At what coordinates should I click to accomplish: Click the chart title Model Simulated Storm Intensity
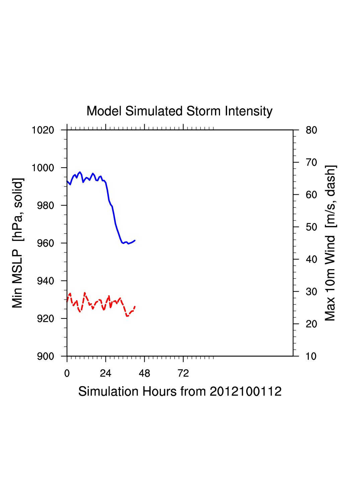(x=179, y=111)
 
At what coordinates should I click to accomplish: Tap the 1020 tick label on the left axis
(x=43, y=130)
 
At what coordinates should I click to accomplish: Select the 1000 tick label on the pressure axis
(x=43, y=168)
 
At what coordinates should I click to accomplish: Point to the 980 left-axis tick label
(x=45, y=205)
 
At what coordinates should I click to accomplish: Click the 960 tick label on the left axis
(x=45, y=243)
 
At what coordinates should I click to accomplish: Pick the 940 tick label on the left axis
(x=45, y=281)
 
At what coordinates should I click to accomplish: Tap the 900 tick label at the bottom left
(x=45, y=356)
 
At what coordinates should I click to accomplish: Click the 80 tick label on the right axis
(x=311, y=130)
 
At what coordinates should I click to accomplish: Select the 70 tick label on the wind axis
(x=311, y=163)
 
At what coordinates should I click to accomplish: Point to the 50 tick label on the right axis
(x=311, y=227)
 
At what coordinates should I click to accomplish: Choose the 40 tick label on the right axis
(x=311, y=259)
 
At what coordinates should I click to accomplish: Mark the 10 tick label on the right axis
(x=311, y=356)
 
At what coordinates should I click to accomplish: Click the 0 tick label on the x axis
(x=67, y=373)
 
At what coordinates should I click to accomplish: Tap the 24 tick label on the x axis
(x=105, y=373)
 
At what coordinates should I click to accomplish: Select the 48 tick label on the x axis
(x=144, y=373)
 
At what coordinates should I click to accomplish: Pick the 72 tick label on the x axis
(x=183, y=373)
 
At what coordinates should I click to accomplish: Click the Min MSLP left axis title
(x=17, y=243)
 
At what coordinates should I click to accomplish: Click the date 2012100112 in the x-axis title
(x=245, y=391)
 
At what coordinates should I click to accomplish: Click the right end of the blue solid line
(x=135, y=240)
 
